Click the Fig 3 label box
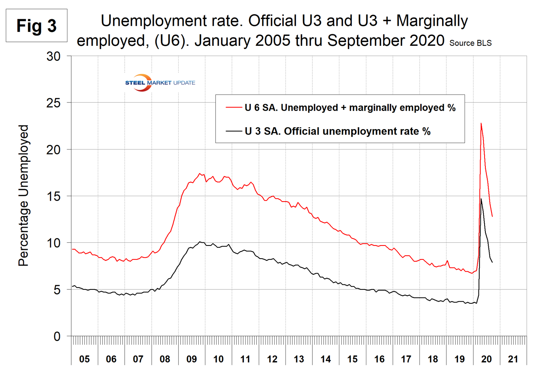coord(37,26)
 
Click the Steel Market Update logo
coord(160,82)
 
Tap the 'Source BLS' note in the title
coord(470,43)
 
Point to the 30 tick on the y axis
coord(54,56)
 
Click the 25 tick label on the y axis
coord(54,103)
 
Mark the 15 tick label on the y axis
coord(54,196)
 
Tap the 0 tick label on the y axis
coord(57,336)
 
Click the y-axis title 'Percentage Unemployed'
coord(24,195)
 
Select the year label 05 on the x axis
coord(84,359)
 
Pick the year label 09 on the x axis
coord(191,359)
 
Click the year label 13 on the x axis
coord(299,359)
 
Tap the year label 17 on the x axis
coord(406,359)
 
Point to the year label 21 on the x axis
coord(513,359)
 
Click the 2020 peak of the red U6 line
coord(481,123)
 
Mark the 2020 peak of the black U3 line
coord(481,199)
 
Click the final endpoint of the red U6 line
coord(492,217)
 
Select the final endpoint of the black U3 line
coord(492,262)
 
